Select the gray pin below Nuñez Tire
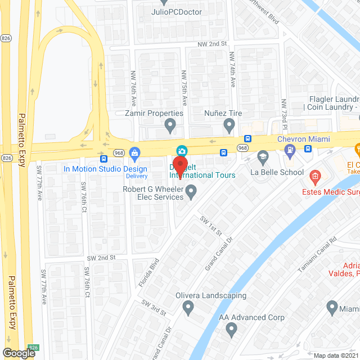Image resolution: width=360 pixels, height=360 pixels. click(229, 124)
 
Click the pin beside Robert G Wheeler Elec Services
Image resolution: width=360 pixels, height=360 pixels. click(191, 192)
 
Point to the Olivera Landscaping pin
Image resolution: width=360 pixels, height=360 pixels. click(188, 307)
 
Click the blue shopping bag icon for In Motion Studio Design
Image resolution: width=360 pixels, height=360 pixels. click(134, 152)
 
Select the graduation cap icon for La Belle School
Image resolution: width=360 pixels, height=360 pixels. click(263, 156)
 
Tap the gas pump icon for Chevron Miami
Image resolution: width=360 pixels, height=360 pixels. click(290, 150)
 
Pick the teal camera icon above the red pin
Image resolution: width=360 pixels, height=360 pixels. click(181, 150)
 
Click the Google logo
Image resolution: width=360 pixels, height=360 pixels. click(19, 353)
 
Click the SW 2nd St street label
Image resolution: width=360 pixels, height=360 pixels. click(101, 257)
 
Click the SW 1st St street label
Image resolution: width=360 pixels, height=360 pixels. click(211, 226)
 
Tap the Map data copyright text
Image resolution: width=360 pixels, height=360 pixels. click(335, 355)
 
